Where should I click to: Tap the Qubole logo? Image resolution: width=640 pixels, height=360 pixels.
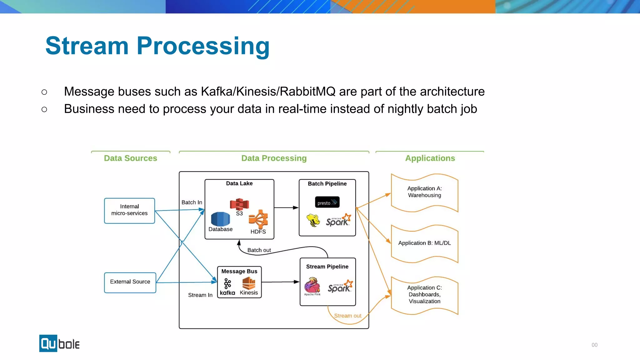(59, 343)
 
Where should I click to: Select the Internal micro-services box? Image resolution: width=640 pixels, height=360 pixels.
(129, 210)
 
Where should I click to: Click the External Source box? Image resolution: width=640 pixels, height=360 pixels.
(130, 282)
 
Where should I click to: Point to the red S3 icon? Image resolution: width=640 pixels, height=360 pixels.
(239, 204)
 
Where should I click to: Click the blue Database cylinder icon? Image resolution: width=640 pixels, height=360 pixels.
(220, 219)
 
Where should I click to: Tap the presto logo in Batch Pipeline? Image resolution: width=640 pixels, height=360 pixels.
(327, 202)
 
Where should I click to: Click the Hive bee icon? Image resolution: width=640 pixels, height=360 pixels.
(313, 220)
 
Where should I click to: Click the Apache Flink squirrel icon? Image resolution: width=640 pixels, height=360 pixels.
(312, 285)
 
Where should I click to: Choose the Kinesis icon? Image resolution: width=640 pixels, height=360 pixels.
(249, 284)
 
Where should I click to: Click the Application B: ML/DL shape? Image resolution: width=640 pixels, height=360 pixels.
(424, 243)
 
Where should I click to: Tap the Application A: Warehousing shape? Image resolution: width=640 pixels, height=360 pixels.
(424, 192)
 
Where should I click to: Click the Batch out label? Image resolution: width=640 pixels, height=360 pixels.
(259, 250)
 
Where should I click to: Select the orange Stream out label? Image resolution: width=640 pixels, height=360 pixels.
(347, 316)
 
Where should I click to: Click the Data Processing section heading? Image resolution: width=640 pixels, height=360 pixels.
(274, 158)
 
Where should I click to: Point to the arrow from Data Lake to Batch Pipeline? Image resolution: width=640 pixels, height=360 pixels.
(286, 207)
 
